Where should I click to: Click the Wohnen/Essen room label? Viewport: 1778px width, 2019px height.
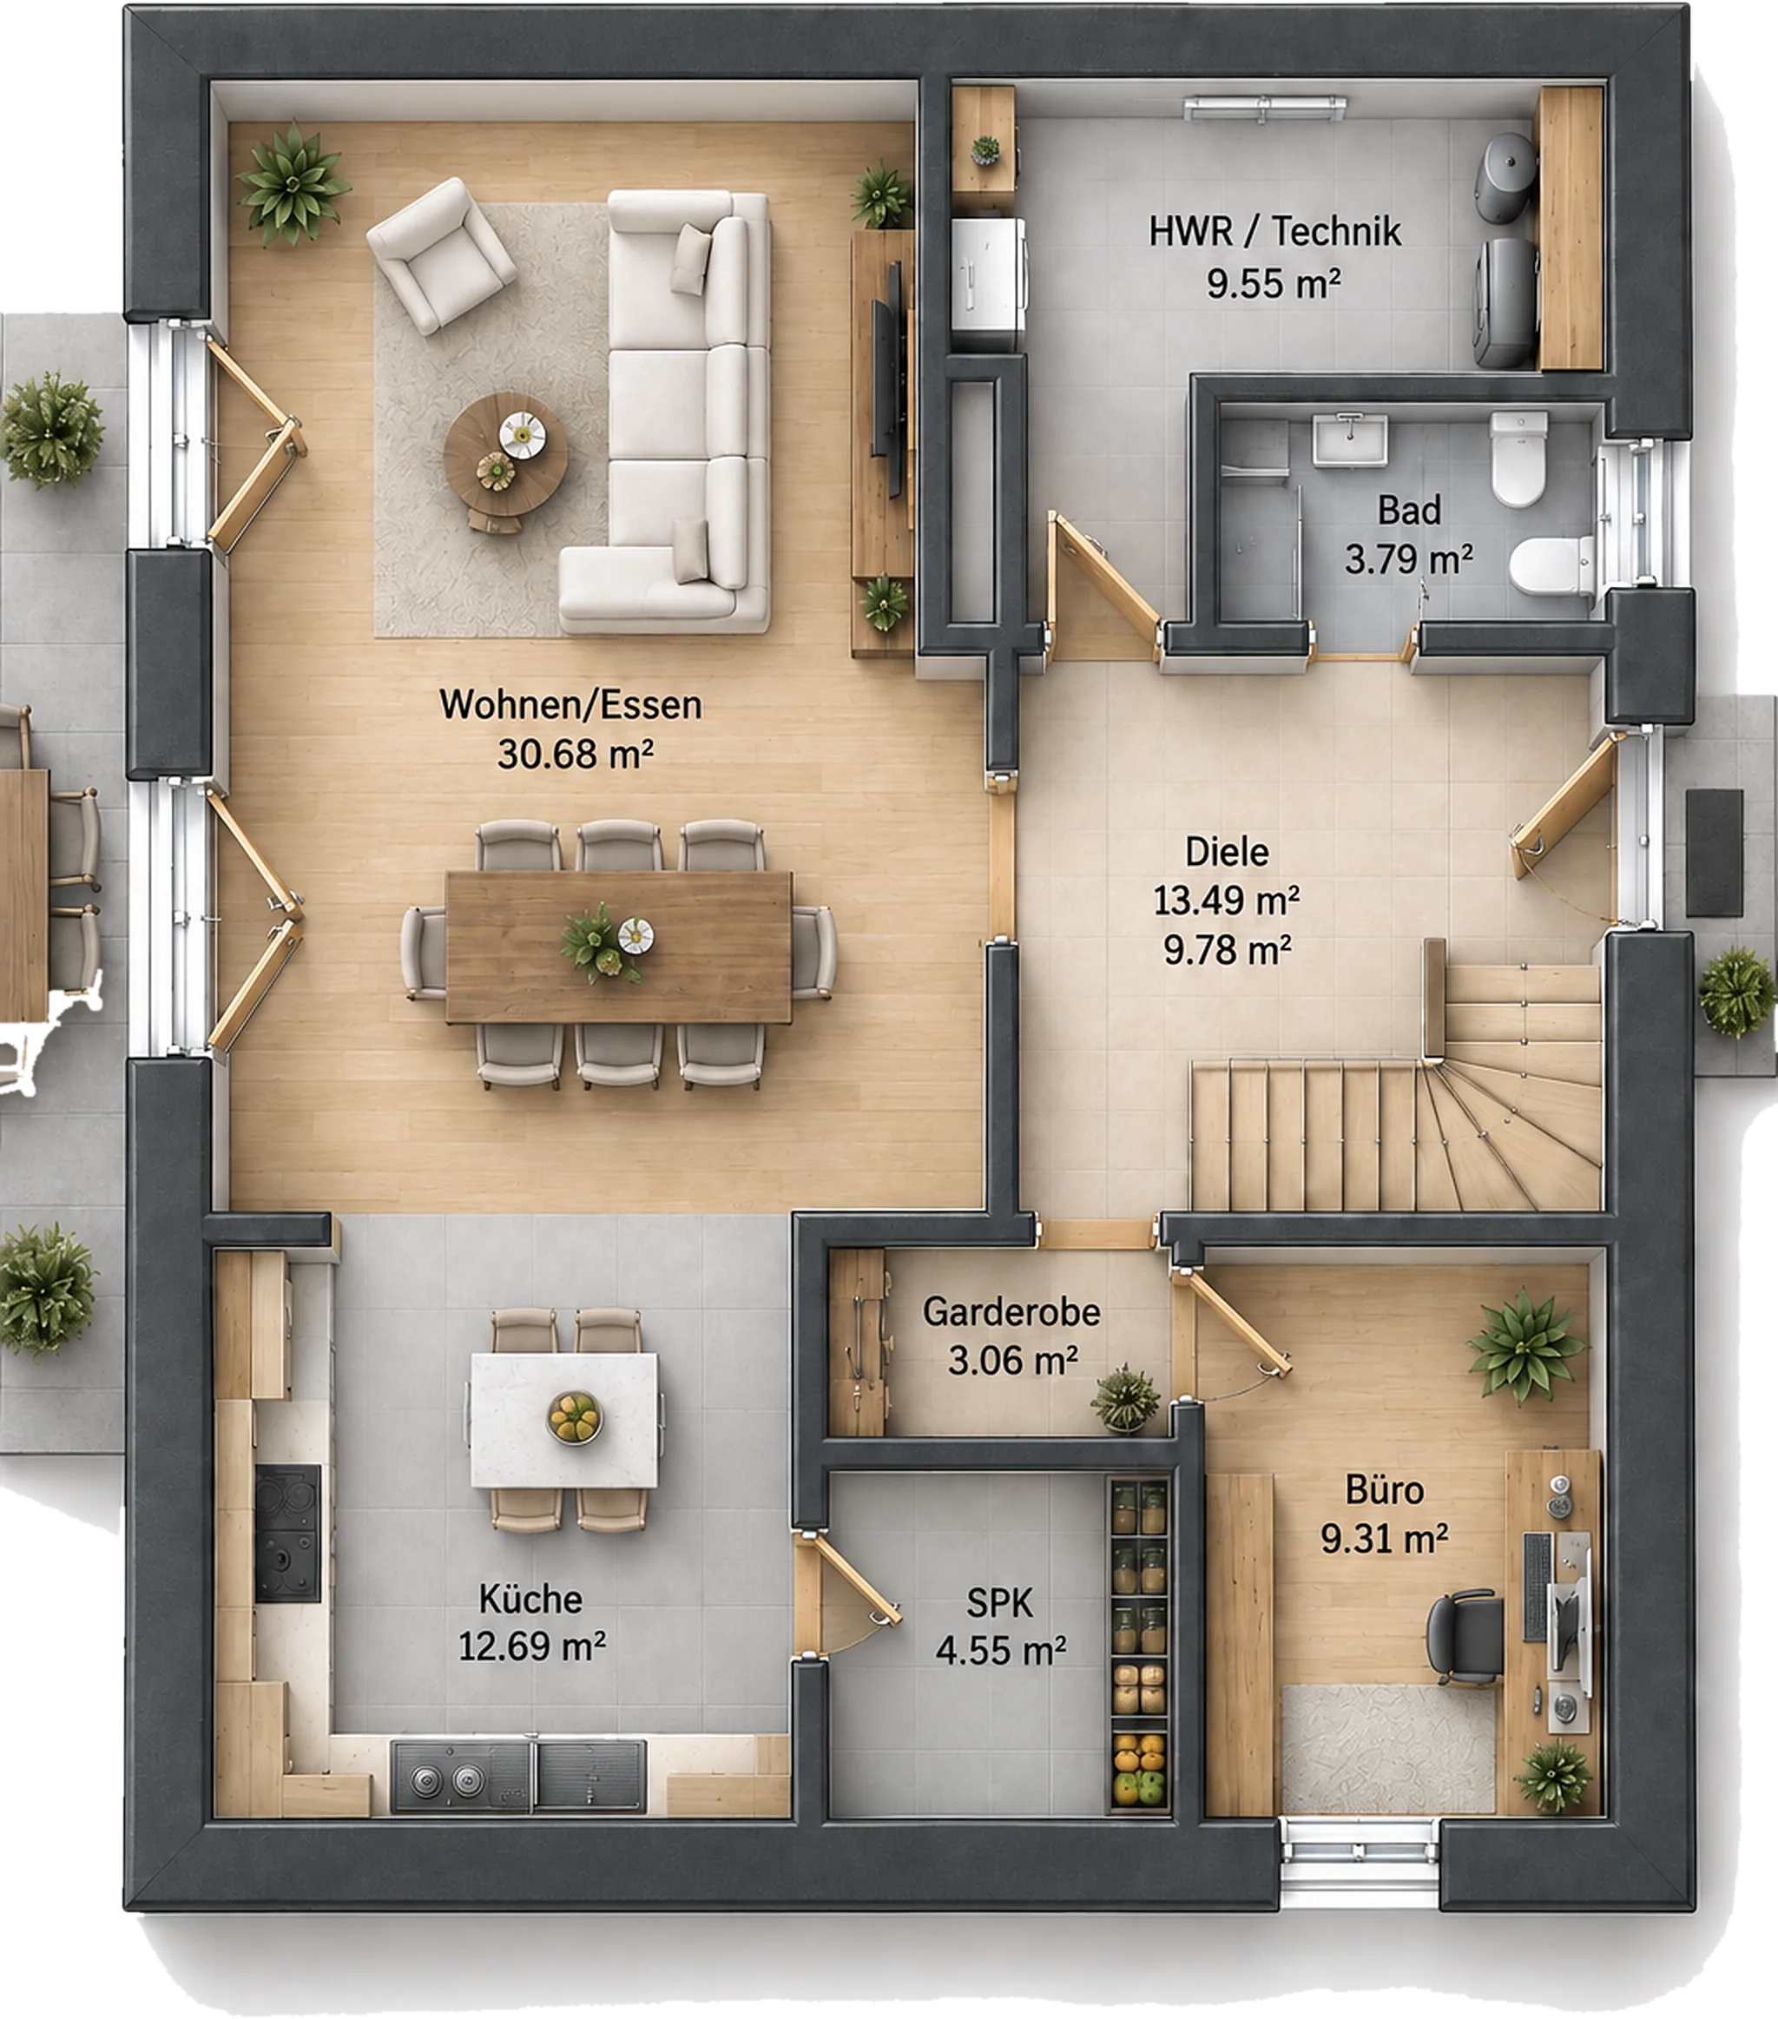pyautogui.click(x=571, y=705)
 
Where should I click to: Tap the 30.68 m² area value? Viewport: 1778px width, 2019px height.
pyautogui.click(x=575, y=755)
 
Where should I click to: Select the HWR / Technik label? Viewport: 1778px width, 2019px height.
pyautogui.click(x=1274, y=232)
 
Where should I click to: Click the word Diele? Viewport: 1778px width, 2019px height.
pyautogui.click(x=1227, y=852)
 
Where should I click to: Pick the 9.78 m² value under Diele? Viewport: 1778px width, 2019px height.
pyautogui.click(x=1227, y=950)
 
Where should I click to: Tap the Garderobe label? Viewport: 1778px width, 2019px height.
pyautogui.click(x=1011, y=1312)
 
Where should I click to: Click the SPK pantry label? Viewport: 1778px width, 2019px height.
pyautogui.click(x=999, y=1602)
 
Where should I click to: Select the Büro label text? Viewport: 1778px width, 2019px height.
pyautogui.click(x=1385, y=1489)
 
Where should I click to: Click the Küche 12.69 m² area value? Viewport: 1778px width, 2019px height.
pyautogui.click(x=531, y=1646)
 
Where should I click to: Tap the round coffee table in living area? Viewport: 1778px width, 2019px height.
pyautogui.click(x=504, y=454)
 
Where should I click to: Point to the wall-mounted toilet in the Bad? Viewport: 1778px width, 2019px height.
pyautogui.click(x=1551, y=566)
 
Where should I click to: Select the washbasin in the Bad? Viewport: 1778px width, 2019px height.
pyautogui.click(x=1349, y=439)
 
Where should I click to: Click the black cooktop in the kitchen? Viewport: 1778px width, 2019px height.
pyautogui.click(x=287, y=1533)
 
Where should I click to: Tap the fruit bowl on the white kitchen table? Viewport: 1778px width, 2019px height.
pyautogui.click(x=574, y=1417)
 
